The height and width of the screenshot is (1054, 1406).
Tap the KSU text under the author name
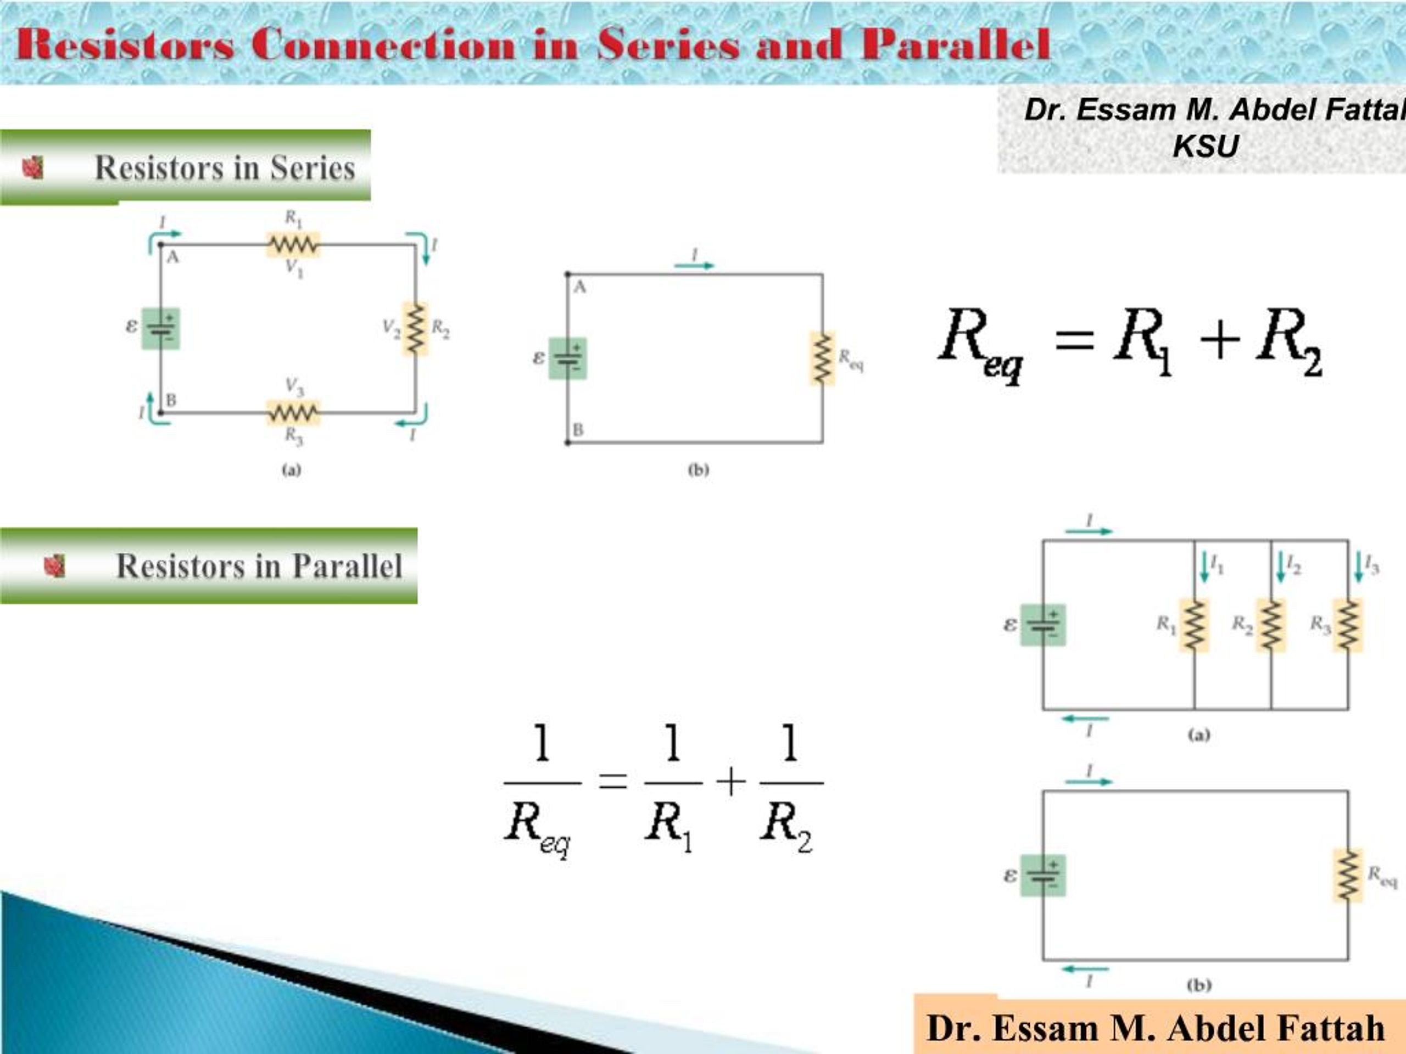pos(1206,146)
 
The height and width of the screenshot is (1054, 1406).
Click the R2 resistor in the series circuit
pos(415,328)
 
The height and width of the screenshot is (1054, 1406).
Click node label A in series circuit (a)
pos(172,258)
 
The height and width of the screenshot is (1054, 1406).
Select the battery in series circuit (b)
pos(567,358)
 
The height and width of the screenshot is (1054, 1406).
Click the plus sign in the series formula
pos(1220,340)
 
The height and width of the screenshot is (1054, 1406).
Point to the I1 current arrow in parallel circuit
pos(1204,567)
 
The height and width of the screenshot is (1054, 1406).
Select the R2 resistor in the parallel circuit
pos(1270,625)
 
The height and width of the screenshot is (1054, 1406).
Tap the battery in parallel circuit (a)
pos(1042,625)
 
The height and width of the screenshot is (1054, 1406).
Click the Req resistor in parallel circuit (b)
pos(1348,876)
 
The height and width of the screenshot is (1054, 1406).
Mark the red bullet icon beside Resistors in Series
pos(33,168)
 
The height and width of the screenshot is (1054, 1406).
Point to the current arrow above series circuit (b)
pos(694,266)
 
